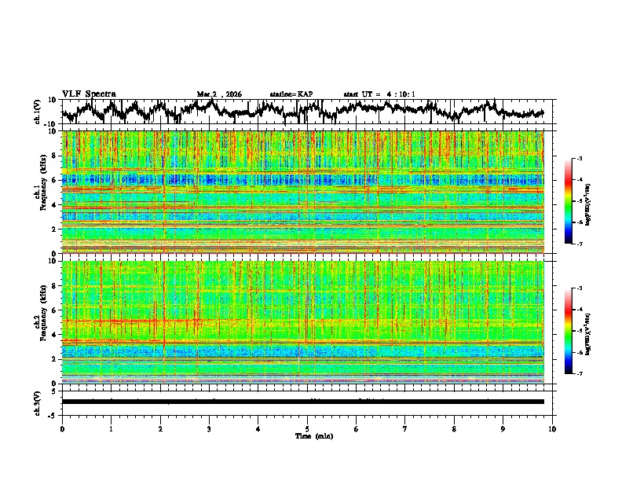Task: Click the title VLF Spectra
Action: point(89,94)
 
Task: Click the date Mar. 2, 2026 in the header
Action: point(219,94)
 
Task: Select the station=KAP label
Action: point(291,94)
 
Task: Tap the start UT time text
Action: point(379,94)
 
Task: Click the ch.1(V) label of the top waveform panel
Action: point(37,112)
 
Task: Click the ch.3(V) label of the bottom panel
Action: point(37,402)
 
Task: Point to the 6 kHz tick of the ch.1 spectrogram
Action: point(55,180)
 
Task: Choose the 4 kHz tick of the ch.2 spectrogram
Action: point(55,334)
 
